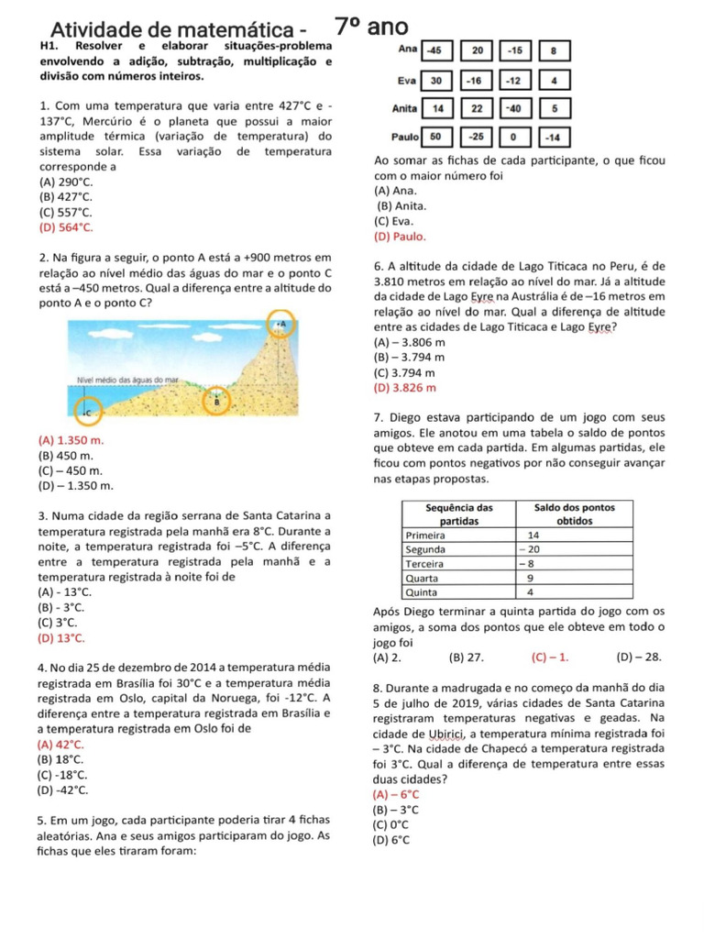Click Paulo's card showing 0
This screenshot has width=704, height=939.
coord(514,137)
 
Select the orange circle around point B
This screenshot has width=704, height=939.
coord(217,401)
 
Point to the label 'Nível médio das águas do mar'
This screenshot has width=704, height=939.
coord(126,379)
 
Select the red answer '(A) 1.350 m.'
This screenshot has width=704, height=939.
coord(71,441)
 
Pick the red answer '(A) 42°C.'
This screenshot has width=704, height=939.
coord(62,745)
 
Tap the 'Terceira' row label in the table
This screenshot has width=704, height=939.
coord(425,564)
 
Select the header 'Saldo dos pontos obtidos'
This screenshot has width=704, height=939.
coord(575,514)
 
